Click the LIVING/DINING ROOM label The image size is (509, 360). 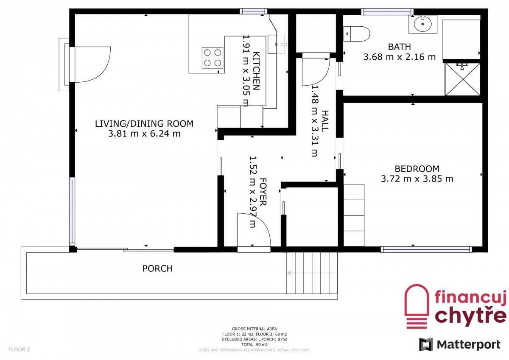pyautogui.click(x=144, y=123)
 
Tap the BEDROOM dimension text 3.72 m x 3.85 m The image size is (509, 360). pyautogui.click(x=417, y=179)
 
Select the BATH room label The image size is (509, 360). pyautogui.click(x=400, y=47)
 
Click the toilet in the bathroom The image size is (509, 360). pyautogui.click(x=356, y=34)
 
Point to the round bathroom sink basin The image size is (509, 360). pyautogui.click(x=422, y=24)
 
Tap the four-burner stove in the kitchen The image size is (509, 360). pyautogui.click(x=213, y=58)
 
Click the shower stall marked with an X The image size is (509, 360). pyautogui.click(x=463, y=79)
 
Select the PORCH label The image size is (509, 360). pyautogui.click(x=157, y=268)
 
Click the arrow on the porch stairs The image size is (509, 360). pyautogui.click(x=312, y=273)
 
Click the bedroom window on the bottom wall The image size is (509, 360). pyautogui.click(x=426, y=249)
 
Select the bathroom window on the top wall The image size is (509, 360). pyautogui.click(x=387, y=11)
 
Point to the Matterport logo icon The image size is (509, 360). pyautogui.click(x=426, y=344)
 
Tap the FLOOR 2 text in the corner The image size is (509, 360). pyautogui.click(x=19, y=349)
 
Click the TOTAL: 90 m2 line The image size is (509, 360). pyautogui.click(x=255, y=345)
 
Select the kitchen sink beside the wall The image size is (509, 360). pyautogui.click(x=276, y=44)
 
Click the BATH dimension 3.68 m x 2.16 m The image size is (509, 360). pyautogui.click(x=400, y=57)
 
